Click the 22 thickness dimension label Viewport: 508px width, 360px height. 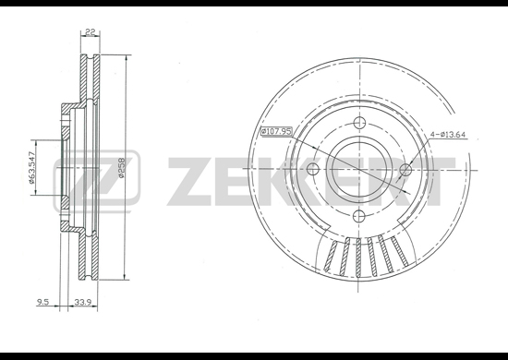91,32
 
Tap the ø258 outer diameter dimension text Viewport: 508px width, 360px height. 122,167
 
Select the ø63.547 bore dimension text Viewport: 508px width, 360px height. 31,167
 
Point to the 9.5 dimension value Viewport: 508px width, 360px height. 42,303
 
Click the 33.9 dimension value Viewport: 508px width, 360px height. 81,303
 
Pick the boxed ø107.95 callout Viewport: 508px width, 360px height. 277,131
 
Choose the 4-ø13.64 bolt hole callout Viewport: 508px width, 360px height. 448,135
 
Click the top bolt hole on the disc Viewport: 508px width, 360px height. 359,123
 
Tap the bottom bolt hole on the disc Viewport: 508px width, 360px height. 359,215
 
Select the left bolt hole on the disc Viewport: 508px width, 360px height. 312,169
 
